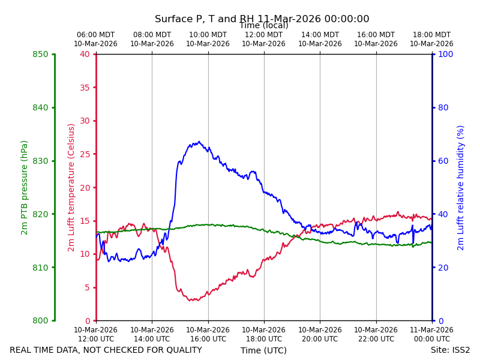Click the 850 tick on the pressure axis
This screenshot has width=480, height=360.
(40, 54)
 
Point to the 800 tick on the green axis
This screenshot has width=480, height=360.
(40, 320)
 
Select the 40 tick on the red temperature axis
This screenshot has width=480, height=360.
(85, 54)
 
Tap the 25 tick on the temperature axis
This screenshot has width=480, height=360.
(85, 154)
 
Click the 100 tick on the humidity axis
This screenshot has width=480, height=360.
(445, 54)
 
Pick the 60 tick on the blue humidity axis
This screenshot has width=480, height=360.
(443, 161)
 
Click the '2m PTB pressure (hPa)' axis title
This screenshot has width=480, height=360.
(24, 188)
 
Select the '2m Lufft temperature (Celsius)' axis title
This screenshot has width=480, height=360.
(71, 188)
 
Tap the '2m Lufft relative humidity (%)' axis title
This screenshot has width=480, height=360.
(460, 188)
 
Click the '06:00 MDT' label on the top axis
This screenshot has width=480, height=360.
(95, 35)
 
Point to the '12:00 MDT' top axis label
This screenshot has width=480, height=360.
(263, 35)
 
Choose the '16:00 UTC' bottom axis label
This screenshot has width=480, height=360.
(208, 339)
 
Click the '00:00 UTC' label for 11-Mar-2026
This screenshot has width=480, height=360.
(432, 339)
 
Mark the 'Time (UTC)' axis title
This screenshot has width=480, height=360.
(263, 350)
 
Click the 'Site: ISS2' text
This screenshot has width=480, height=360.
(450, 350)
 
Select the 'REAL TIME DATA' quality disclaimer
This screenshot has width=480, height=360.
(106, 350)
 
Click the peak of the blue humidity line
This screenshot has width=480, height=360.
(199, 142)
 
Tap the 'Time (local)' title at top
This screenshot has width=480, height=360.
(263, 25)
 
